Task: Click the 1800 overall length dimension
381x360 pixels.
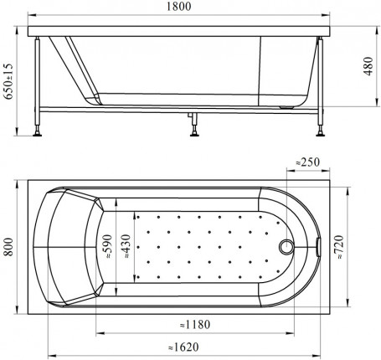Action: [179, 7]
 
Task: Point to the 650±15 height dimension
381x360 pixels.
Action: [8, 81]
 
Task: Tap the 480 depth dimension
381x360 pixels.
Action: [368, 66]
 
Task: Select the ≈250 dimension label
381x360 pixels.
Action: [307, 162]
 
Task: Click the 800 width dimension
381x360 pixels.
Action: [8, 247]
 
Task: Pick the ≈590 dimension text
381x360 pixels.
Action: [107, 247]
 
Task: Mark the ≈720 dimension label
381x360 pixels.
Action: [339, 247]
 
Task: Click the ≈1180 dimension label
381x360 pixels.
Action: [194, 325]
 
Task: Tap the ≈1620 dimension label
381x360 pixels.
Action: [183, 347]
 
